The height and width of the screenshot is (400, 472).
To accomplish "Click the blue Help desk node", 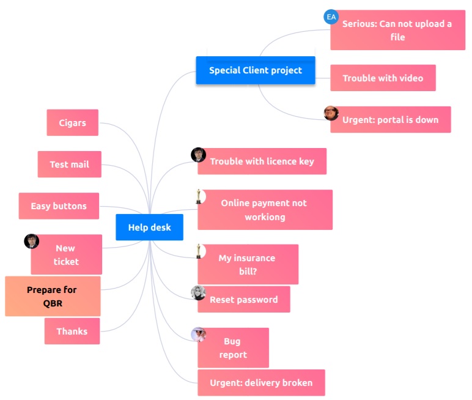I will click(x=149, y=228).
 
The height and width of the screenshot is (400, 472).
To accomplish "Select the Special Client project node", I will click(x=255, y=70).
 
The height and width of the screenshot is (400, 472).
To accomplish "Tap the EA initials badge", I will click(x=331, y=17).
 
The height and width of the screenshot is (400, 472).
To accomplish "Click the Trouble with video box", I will click(x=383, y=78).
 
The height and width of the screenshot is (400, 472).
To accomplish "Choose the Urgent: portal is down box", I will click(x=390, y=120).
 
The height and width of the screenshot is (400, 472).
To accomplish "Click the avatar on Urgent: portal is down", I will click(x=331, y=113).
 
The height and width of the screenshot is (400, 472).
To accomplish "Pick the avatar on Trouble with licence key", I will click(x=198, y=155).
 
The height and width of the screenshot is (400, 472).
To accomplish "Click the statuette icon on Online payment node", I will click(x=199, y=196).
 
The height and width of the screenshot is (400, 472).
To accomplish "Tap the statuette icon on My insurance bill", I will click(x=199, y=251).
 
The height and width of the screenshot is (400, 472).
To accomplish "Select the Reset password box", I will click(x=243, y=300).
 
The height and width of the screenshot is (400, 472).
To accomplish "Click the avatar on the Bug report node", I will click(x=198, y=335).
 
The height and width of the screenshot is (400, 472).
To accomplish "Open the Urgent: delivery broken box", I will click(x=261, y=383).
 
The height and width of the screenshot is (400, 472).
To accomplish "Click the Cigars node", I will click(x=72, y=123).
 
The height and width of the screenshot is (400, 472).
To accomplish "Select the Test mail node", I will click(x=69, y=165).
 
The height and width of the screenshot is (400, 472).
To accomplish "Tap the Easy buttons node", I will click(x=59, y=206).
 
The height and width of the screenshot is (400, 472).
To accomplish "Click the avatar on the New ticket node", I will click(x=31, y=241).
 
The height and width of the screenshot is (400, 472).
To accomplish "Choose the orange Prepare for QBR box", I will click(x=52, y=296).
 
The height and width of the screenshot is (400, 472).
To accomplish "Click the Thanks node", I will click(x=72, y=331).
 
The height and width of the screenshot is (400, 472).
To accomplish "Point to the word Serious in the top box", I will click(x=358, y=24).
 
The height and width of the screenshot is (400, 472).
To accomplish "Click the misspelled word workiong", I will click(x=265, y=217).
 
